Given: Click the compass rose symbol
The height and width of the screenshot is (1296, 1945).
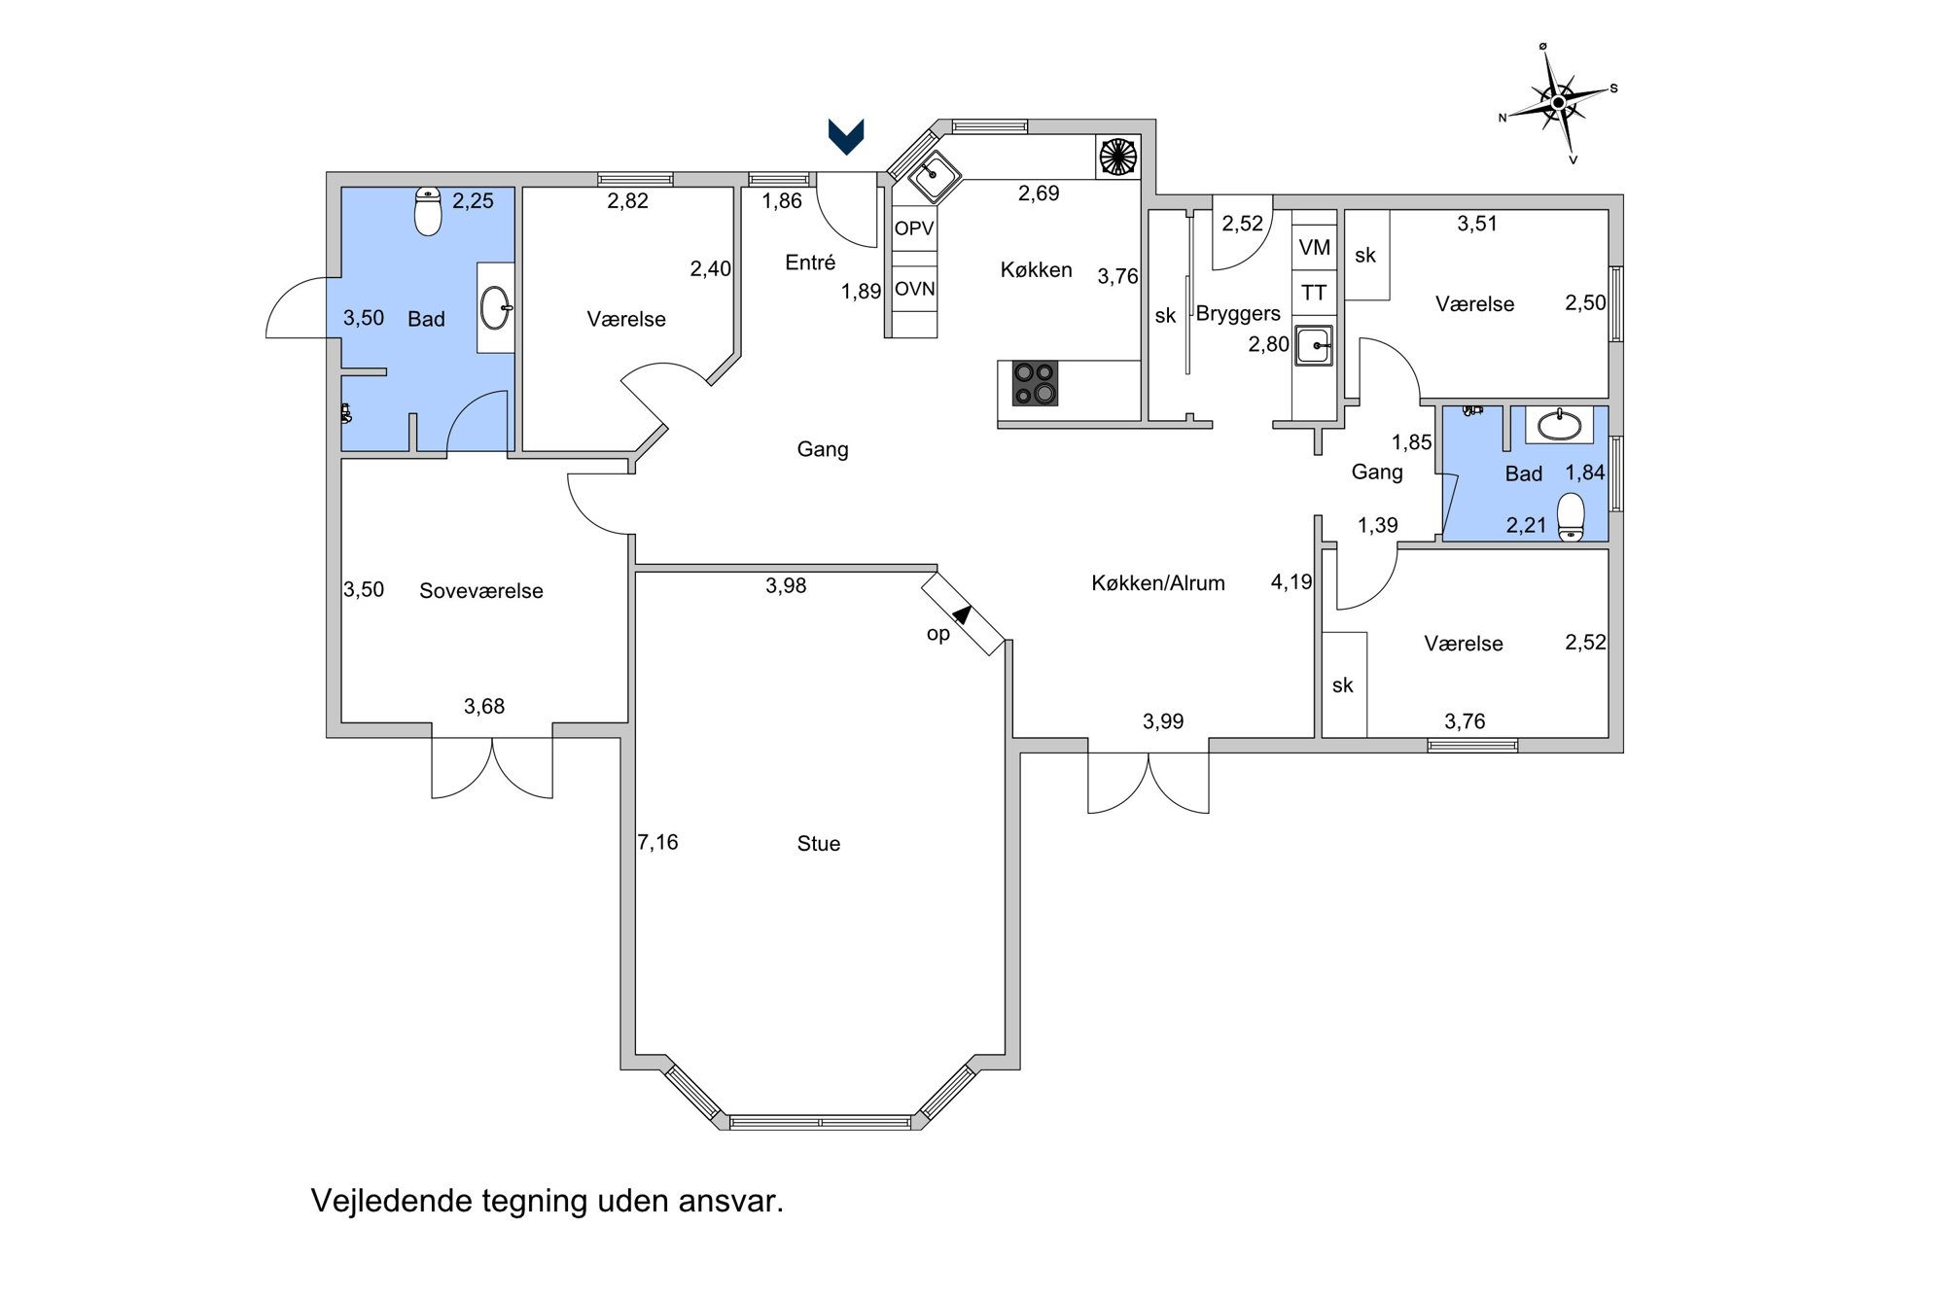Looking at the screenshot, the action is (x=1558, y=102).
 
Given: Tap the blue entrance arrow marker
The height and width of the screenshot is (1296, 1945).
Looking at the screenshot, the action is (x=845, y=136).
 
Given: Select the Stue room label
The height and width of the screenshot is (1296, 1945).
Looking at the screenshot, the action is (x=819, y=844).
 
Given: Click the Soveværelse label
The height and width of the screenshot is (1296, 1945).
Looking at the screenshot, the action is (x=481, y=591).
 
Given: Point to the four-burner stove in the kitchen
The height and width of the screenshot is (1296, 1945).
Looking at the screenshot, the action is (x=1035, y=383).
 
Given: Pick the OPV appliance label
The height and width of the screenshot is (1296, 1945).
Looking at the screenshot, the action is (x=914, y=228).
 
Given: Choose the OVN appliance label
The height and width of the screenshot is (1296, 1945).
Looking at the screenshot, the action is (x=915, y=289).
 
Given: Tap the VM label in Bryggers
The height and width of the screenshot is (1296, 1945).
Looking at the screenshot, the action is (x=1314, y=248).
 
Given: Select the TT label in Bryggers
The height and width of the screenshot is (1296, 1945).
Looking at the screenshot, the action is (x=1314, y=293).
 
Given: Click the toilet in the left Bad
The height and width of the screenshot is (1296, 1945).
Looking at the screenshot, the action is (x=428, y=211).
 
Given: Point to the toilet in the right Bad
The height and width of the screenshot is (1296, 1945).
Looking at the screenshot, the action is (x=1571, y=517).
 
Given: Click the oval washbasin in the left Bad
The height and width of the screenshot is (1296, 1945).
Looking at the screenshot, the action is (x=496, y=308).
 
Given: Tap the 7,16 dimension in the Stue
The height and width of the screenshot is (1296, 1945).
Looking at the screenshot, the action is (x=658, y=842).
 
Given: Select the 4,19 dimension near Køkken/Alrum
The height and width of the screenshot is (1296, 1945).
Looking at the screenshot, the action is (x=1291, y=582).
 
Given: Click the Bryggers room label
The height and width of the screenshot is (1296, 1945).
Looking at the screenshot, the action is (x=1238, y=314).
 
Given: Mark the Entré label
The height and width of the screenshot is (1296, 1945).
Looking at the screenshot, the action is (x=810, y=263).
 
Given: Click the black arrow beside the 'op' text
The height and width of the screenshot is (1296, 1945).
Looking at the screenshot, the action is (x=963, y=614).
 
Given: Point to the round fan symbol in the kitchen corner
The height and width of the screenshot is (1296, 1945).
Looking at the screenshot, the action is (x=1116, y=157).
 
